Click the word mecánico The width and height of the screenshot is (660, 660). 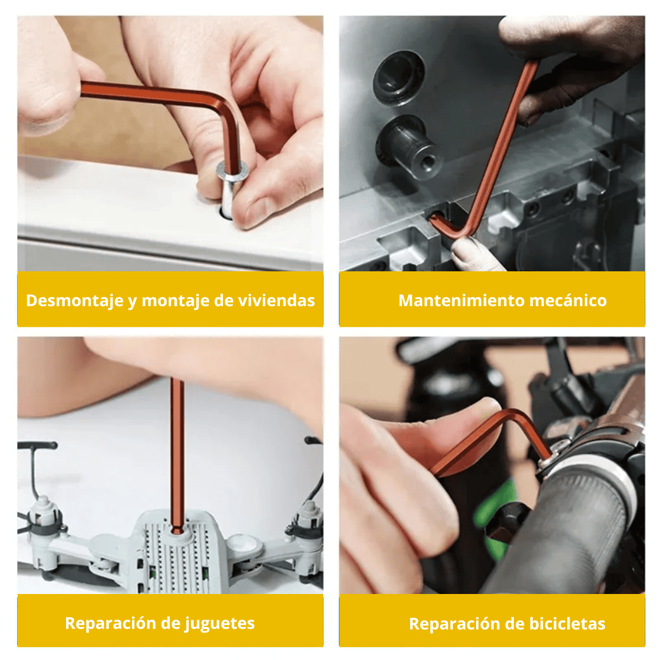pyautogui.click(x=568, y=301)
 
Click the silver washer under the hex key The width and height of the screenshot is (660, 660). pyautogui.click(x=232, y=172)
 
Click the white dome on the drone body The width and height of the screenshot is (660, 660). pyautogui.click(x=244, y=543)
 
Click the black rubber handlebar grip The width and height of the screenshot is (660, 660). pyautogui.click(x=564, y=530)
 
